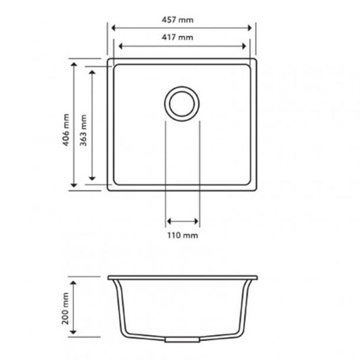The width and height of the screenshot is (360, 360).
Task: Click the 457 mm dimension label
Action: click(181, 16)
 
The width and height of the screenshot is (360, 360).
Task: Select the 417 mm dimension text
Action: click(181, 36)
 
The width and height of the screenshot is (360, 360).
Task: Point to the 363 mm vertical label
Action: click(83, 125)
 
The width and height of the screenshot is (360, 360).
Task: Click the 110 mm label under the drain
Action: click(182, 235)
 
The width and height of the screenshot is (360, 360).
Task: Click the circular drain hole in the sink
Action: click(182, 104)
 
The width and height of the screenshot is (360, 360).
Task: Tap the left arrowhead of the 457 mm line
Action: click(113, 28)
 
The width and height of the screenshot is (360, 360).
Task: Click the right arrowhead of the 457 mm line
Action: click(253, 28)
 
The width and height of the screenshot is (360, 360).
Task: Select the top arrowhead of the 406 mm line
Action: click(75, 67)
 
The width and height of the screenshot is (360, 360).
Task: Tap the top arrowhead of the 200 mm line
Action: click(75, 278)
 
